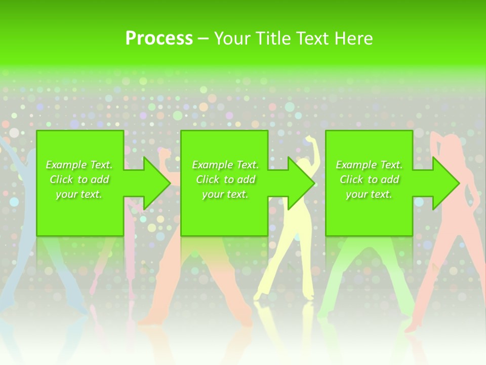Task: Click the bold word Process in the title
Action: [159, 39]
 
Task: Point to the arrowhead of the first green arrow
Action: [157, 183]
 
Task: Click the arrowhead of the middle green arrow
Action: [301, 183]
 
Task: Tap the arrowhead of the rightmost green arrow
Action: [446, 183]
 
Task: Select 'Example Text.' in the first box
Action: [79, 165]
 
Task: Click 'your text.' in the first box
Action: [79, 194]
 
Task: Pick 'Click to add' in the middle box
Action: [225, 179]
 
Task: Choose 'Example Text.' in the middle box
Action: [225, 165]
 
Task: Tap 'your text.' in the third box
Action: [369, 194]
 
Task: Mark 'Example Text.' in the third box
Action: [369, 165]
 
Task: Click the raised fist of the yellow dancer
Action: [309, 139]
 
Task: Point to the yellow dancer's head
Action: [303, 163]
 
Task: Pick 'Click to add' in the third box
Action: [369, 179]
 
